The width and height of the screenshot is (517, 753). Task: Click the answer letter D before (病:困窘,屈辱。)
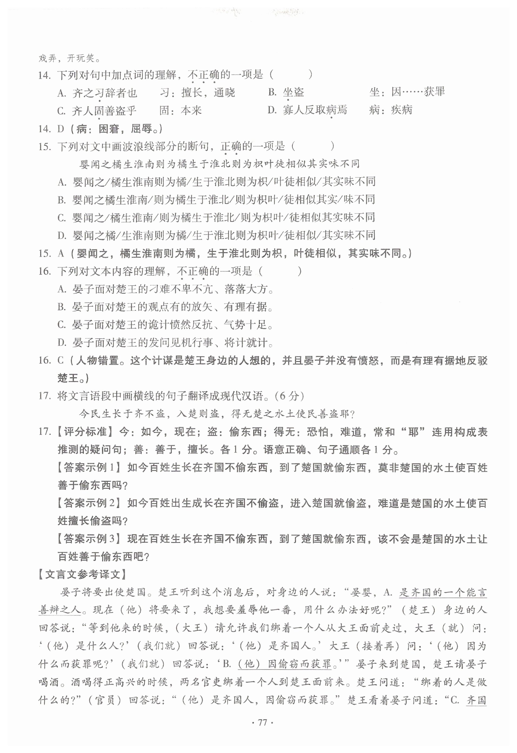(61, 129)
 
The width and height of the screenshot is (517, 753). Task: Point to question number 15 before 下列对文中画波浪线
(44, 147)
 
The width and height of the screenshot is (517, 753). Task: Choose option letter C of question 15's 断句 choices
(62, 218)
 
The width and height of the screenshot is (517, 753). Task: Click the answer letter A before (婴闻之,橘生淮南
(61, 253)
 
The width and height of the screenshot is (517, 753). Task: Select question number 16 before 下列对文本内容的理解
(44, 271)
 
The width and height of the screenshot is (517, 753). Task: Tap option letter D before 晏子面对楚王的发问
(62, 342)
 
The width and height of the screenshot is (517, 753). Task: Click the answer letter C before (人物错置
(61, 360)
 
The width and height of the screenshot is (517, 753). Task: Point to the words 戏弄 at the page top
(47, 58)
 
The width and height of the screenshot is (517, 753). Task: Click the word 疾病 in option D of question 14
(402, 110)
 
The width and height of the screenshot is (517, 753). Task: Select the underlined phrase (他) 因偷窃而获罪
(284, 664)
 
